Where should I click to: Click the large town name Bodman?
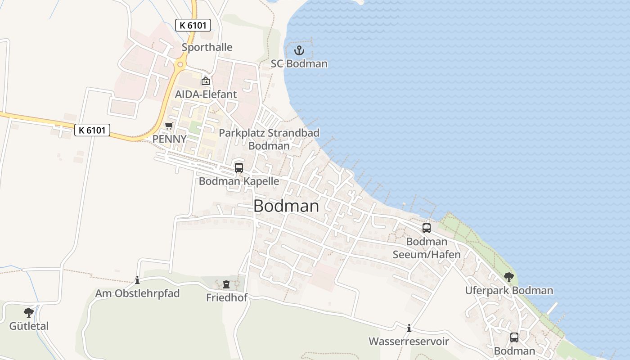point(286,206)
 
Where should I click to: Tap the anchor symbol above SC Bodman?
point(299,50)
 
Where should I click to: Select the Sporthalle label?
point(207,47)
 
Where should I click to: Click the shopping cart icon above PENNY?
point(169,126)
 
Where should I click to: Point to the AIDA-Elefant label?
point(206,94)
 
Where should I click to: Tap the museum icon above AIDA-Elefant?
point(206,81)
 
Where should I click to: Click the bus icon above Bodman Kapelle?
point(239,168)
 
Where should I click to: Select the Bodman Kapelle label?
point(239,181)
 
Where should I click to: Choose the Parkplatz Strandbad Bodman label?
point(269,139)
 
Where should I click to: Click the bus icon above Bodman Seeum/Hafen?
point(427,228)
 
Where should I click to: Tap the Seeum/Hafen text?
point(427,255)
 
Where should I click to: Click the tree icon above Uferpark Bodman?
point(509,277)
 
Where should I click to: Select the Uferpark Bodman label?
point(509,290)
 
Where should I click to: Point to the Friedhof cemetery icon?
point(226,284)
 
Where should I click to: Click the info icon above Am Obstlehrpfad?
point(137,280)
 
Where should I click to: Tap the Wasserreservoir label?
point(409,342)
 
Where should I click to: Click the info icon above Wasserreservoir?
point(409,328)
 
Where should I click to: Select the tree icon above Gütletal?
point(29,312)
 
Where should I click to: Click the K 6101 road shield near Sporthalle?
point(193,25)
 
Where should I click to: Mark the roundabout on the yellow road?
point(180,64)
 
